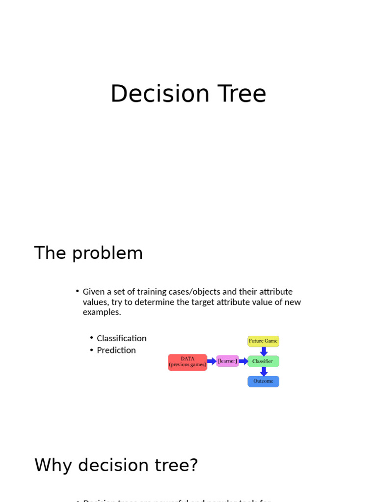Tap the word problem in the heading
point(108,253)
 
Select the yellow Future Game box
point(263,341)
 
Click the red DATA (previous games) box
point(188,362)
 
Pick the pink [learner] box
point(227,361)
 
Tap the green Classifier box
point(263,361)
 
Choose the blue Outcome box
point(263,381)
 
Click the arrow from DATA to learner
point(212,361)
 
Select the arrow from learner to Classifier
point(243,361)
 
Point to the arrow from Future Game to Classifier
point(264,351)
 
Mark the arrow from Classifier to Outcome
point(264,372)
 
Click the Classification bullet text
point(122,338)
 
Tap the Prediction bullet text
point(116,350)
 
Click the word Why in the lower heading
point(54,465)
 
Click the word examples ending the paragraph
point(101,312)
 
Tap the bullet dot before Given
point(78,291)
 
